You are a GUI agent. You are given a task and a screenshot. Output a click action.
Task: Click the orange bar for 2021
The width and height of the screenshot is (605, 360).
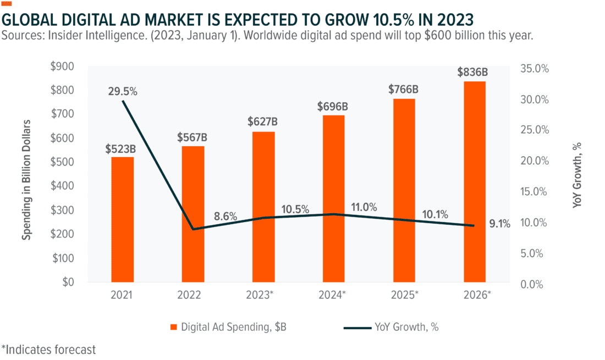[x=122, y=219]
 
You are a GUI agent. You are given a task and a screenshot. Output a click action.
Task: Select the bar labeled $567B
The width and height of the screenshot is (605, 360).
[x=193, y=214]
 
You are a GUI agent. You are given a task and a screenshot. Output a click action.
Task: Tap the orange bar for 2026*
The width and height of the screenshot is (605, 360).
[x=474, y=181]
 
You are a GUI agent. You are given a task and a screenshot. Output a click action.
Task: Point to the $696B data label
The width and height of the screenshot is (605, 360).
[x=333, y=106]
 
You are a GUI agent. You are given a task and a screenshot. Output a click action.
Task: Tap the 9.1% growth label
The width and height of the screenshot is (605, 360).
[x=499, y=223]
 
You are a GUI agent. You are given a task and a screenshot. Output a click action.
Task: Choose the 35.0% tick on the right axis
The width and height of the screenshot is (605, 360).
[x=532, y=69]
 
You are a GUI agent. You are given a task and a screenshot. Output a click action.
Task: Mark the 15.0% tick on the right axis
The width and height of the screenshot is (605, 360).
[x=532, y=192]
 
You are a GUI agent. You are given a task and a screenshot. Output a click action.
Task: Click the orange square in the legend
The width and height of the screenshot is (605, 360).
[x=174, y=327]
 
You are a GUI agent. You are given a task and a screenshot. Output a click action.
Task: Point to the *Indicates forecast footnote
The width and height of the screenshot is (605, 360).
[x=48, y=349]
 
